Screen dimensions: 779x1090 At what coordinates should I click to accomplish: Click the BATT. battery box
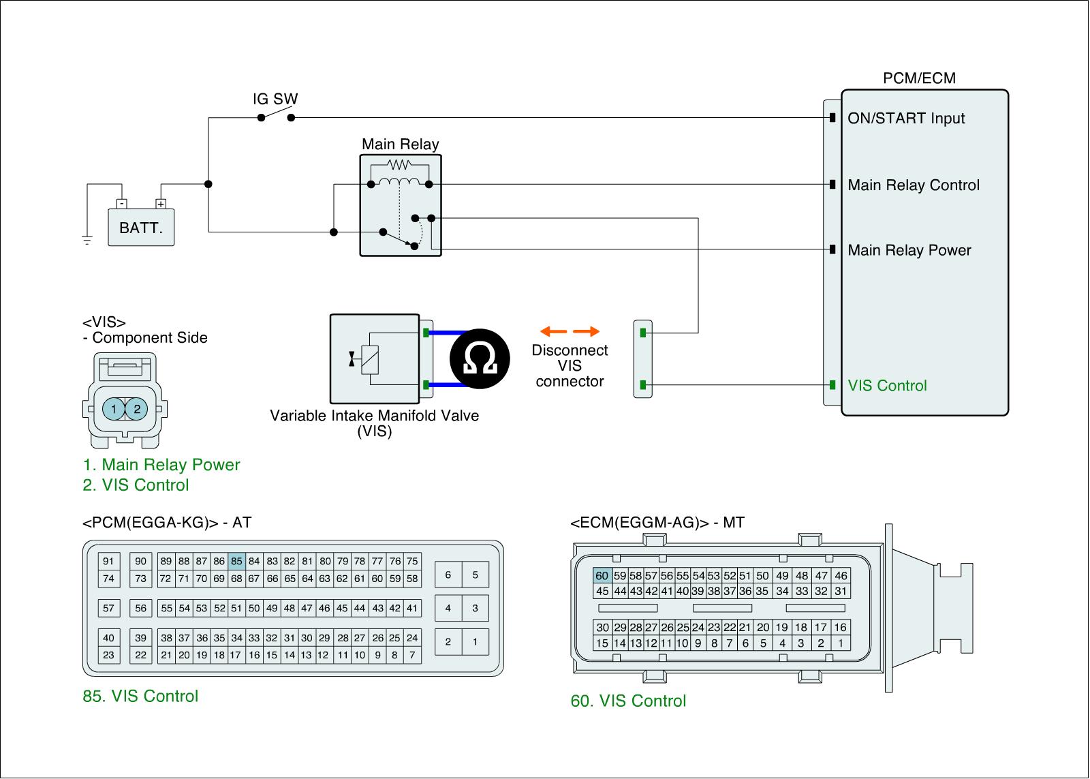[x=141, y=228]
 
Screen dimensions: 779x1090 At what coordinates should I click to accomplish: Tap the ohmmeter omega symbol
[x=480, y=359]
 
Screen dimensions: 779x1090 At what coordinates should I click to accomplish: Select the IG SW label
[x=275, y=100]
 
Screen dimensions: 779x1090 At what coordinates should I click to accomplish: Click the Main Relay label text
[x=400, y=144]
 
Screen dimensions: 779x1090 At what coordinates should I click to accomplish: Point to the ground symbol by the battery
[x=87, y=239]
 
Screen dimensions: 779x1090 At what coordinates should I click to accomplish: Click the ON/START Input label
[x=906, y=119]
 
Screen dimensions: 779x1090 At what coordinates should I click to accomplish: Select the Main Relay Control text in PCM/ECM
[x=914, y=185]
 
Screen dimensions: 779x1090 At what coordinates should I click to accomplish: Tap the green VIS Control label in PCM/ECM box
[x=888, y=386]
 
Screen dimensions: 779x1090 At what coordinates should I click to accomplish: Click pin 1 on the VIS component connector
[x=114, y=409]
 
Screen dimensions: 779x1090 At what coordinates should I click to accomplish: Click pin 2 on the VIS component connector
[x=137, y=409]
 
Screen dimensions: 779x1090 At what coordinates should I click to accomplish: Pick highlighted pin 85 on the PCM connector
[x=236, y=562]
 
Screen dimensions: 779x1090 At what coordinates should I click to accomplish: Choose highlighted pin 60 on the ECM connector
[x=602, y=576]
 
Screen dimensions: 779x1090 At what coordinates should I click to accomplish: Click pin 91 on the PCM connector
[x=108, y=562]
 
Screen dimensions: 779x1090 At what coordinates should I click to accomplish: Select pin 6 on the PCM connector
[x=448, y=575]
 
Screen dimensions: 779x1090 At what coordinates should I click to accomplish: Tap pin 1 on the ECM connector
[x=841, y=643]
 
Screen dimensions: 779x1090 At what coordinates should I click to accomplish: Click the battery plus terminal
[x=161, y=204]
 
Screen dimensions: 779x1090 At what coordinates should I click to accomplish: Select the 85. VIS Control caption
[x=140, y=697]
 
